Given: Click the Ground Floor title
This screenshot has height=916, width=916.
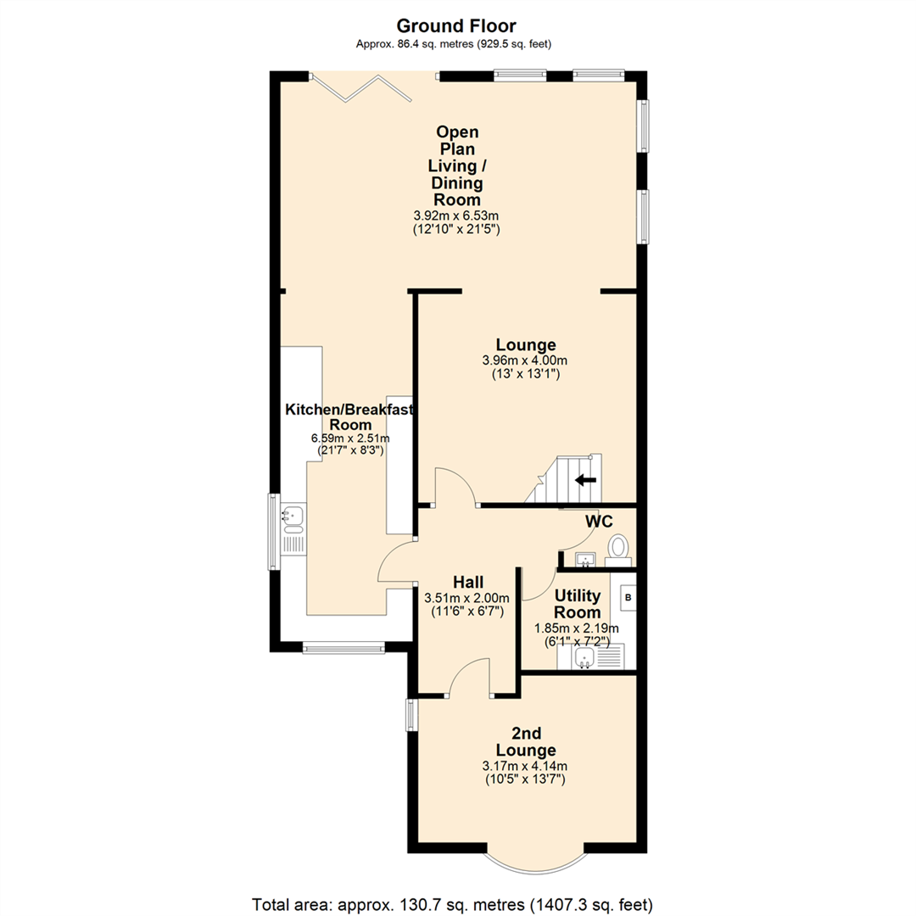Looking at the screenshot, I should [x=457, y=26].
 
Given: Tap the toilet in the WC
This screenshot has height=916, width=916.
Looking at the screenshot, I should [x=619, y=548].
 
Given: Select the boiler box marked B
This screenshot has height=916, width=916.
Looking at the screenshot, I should [x=628, y=597].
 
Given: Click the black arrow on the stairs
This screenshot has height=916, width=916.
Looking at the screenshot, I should [x=585, y=480].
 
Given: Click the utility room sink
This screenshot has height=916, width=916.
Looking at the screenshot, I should [x=585, y=658].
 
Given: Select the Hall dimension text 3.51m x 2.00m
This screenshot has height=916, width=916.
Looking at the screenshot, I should [x=468, y=598].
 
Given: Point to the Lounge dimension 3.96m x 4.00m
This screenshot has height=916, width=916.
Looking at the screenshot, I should [x=526, y=360].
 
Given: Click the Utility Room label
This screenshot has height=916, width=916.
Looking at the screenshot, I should [x=578, y=604].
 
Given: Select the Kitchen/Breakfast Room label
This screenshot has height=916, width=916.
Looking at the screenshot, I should [x=349, y=416].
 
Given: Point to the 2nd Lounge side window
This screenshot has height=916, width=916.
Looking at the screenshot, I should [x=411, y=714].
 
